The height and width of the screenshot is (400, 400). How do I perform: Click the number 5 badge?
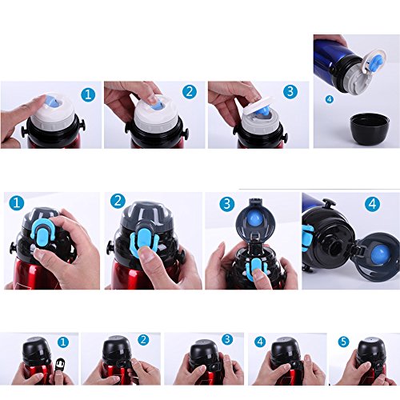(x=343, y=342)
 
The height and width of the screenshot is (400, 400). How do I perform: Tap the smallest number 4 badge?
(x=330, y=99)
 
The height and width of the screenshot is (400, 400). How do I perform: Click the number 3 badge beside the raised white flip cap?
(x=290, y=92)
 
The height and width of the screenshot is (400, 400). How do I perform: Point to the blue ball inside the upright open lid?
(x=255, y=219)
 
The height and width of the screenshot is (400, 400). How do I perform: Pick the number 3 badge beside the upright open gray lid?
(x=227, y=204)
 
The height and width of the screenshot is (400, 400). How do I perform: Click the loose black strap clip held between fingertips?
(x=60, y=364)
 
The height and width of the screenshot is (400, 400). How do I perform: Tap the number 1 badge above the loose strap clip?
(x=63, y=342)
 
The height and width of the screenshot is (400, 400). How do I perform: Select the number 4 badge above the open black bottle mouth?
(x=372, y=204)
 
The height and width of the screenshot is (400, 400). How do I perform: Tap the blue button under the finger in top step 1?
(x=53, y=102)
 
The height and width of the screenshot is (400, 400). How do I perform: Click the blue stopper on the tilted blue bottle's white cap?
(x=376, y=62)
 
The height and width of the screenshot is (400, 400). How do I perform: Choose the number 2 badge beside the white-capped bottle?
(x=190, y=92)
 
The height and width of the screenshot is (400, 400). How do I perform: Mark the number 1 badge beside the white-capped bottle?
(x=88, y=94)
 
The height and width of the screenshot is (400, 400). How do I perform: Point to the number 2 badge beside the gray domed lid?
(x=118, y=202)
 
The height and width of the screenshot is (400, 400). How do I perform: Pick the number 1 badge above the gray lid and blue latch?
(x=17, y=202)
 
